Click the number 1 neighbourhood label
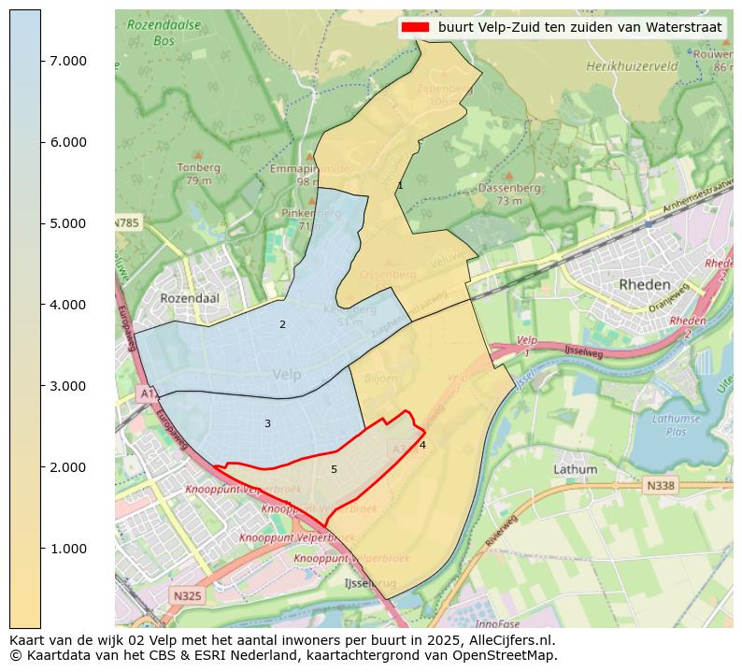pos(400,186)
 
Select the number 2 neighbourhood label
pos(282,325)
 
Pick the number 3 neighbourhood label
pos(267,424)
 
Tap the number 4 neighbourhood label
pos(422,446)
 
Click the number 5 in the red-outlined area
pos(334,469)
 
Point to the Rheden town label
pos(645,284)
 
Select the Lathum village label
pos(575,469)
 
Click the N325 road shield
pos(187,594)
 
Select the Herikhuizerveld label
pos(632,67)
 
